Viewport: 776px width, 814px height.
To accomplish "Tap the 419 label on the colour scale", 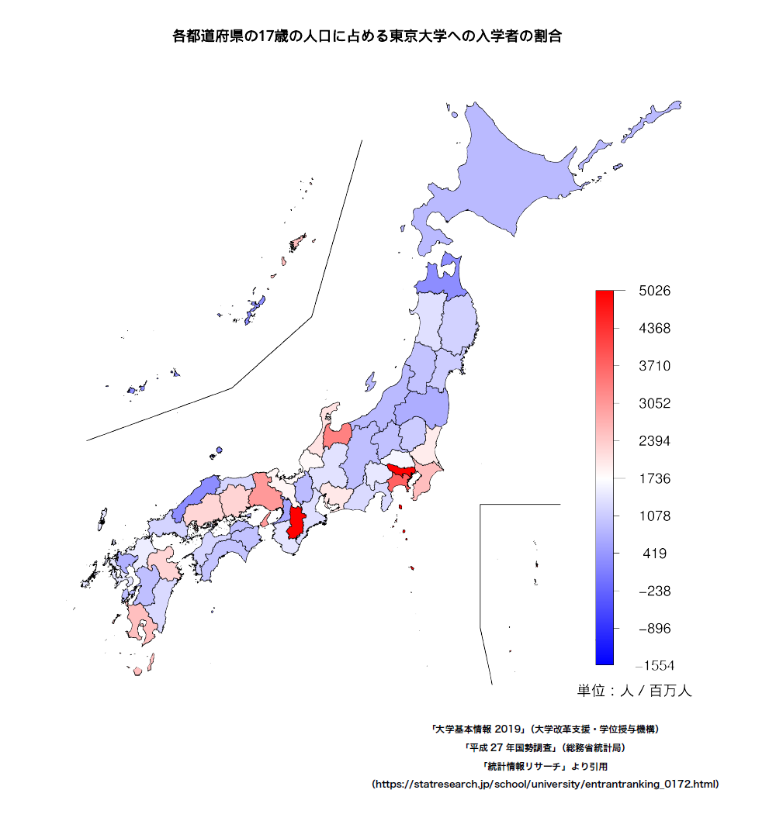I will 656,554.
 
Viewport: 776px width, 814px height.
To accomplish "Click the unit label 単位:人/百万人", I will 634,691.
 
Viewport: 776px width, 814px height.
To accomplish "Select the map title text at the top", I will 367,36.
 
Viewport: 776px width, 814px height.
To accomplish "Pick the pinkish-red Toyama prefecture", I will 338,436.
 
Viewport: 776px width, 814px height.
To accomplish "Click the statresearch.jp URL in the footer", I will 546,784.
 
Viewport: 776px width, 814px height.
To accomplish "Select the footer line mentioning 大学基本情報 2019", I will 546,729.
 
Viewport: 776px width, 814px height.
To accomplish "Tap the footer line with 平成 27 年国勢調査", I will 546,748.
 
